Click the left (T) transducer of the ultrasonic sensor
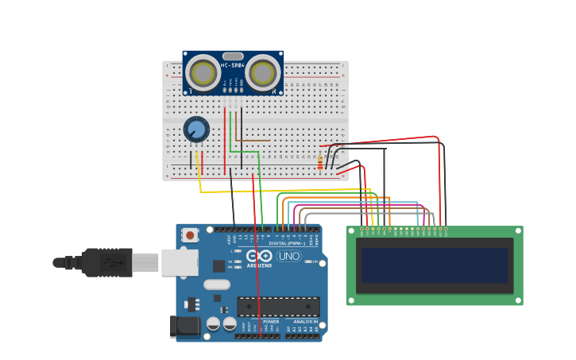[203, 74]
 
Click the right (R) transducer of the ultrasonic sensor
[262, 74]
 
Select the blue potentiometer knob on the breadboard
[195, 129]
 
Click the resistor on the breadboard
[320, 163]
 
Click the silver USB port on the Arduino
[180, 262]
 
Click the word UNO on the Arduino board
[288, 256]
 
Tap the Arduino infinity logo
[259, 255]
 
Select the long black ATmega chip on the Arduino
[278, 306]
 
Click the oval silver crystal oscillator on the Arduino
[217, 285]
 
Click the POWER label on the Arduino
[260, 322]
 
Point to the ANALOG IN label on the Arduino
[303, 322]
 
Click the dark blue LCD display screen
[434, 265]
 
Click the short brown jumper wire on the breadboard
[252, 141]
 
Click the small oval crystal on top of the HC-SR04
[233, 56]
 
